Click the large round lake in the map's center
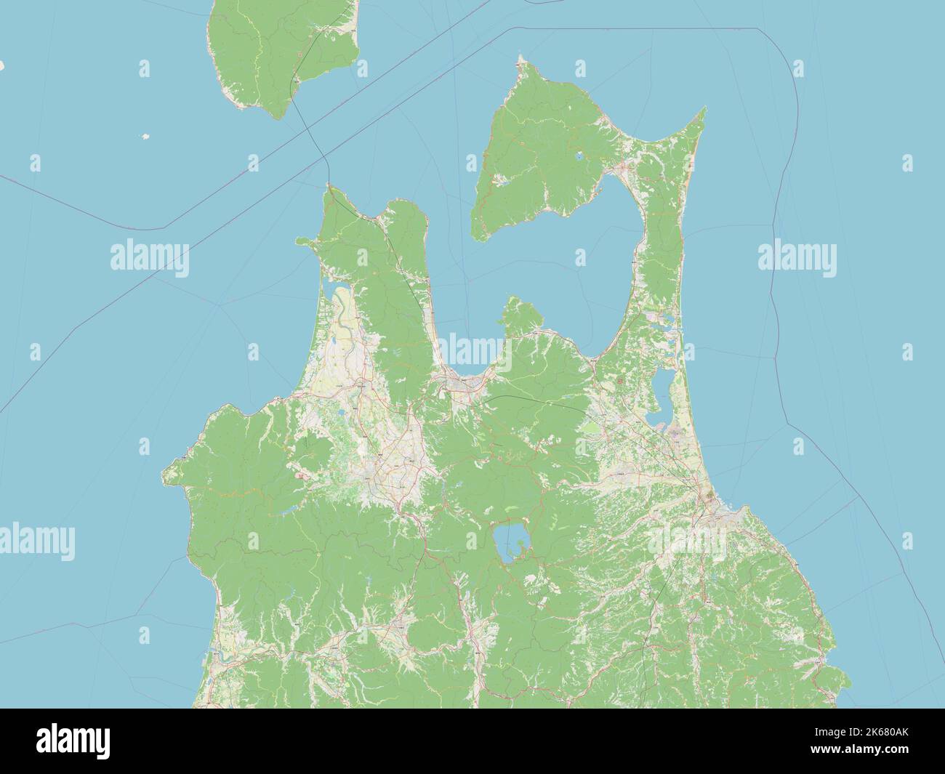point(510,541)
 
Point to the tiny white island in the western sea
point(145,136)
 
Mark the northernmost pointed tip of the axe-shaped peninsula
point(520,60)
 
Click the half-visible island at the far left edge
point(2,65)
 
